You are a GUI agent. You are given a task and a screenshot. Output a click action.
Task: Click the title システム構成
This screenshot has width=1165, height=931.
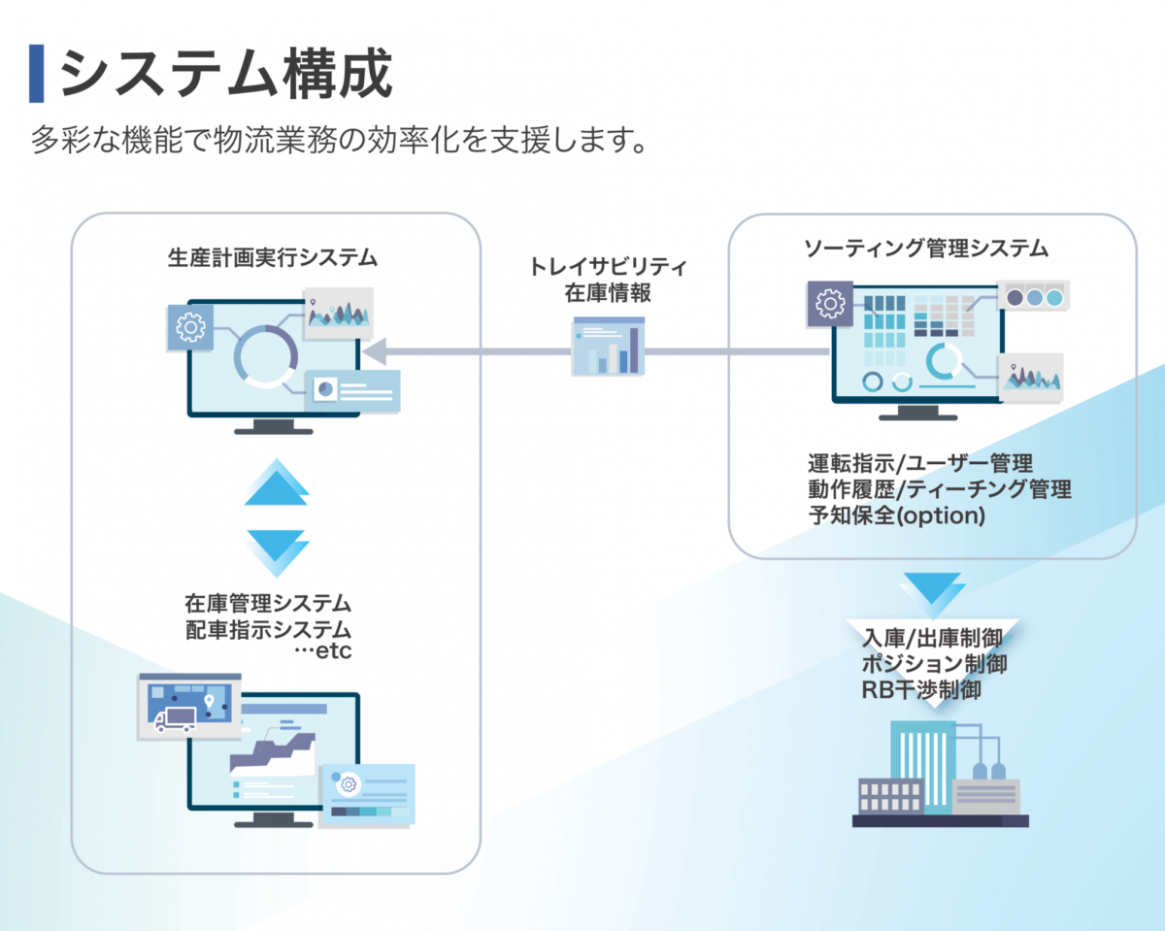pyautogui.click(x=225, y=74)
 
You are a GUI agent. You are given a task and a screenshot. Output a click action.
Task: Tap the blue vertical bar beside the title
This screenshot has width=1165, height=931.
pyautogui.click(x=37, y=74)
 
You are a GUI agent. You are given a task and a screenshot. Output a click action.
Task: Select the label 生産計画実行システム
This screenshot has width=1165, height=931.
pyautogui.click(x=273, y=258)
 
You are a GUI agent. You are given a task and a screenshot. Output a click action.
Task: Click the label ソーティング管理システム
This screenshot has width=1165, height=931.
pyautogui.click(x=926, y=249)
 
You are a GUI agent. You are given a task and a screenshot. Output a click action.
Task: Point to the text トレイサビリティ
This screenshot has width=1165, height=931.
pyautogui.click(x=609, y=266)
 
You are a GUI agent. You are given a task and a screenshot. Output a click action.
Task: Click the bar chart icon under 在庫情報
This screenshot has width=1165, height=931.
pyautogui.click(x=608, y=347)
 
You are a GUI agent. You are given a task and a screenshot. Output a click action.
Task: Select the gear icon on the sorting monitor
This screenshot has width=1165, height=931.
pyautogui.click(x=830, y=304)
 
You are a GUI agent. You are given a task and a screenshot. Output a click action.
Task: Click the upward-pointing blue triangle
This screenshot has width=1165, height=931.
pyautogui.click(x=277, y=482)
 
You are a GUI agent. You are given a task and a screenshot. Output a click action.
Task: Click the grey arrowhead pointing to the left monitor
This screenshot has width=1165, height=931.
pyautogui.click(x=373, y=349)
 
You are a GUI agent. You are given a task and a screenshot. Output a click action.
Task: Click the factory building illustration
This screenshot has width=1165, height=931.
pyautogui.click(x=938, y=776)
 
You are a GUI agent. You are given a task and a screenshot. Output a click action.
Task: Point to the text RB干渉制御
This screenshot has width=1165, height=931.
pyautogui.click(x=921, y=690)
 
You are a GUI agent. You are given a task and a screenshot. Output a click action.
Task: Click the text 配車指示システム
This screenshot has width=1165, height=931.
pyautogui.click(x=268, y=628)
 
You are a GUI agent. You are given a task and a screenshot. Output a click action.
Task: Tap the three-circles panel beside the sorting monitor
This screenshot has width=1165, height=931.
pyautogui.click(x=1032, y=296)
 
